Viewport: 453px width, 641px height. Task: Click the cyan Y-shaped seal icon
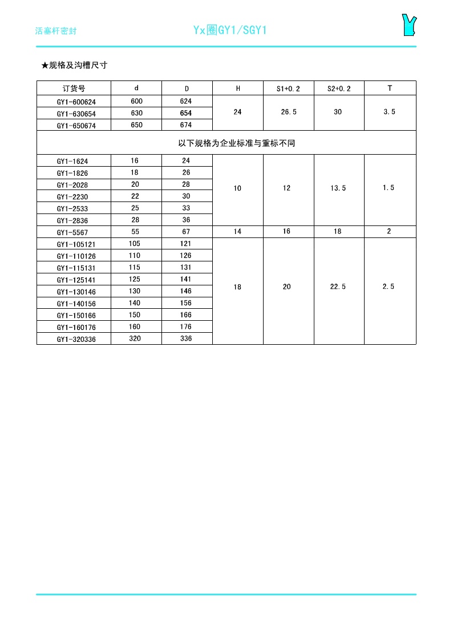click(408, 25)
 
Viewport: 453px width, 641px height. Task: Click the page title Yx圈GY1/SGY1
click(230, 30)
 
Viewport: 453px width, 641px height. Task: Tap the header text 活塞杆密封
click(56, 31)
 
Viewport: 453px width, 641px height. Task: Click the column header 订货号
click(74, 88)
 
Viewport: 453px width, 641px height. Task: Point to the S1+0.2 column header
click(288, 88)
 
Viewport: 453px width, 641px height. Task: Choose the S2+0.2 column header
click(339, 88)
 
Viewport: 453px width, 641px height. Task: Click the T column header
click(390, 88)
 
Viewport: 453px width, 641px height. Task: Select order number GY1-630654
click(76, 114)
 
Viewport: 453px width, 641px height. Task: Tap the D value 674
click(186, 125)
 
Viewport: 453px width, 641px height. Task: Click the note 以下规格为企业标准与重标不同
click(236, 143)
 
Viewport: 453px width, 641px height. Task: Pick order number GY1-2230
click(72, 197)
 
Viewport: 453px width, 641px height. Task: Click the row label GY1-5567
click(72, 232)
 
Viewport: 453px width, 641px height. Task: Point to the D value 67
click(186, 232)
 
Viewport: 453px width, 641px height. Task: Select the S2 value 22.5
click(338, 287)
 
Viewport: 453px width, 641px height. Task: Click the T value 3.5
click(389, 112)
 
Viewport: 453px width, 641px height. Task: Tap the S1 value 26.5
click(289, 112)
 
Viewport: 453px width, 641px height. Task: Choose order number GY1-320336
click(76, 339)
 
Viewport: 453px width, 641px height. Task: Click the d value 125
click(135, 279)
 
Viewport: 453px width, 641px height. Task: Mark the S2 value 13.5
click(338, 188)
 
